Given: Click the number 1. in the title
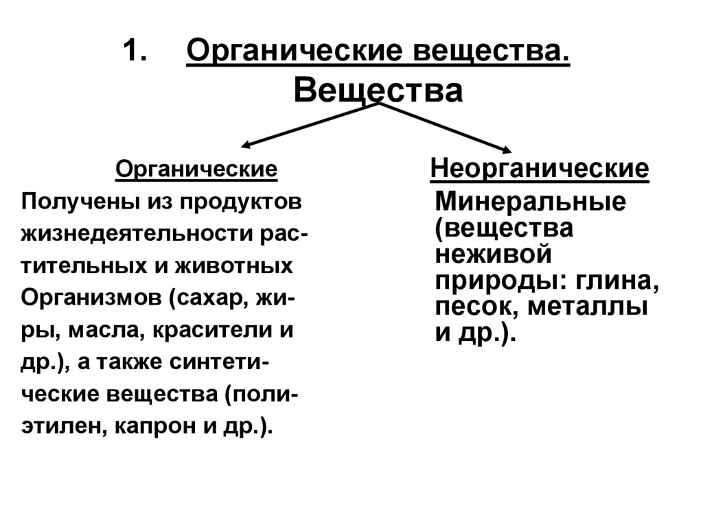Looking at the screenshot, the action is pos(136,52).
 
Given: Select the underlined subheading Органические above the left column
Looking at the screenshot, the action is pos(196,169).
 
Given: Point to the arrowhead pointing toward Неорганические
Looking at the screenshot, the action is pos(506,151).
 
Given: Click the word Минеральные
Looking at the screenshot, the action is pos(530,202).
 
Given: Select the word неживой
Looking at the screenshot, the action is pos(494,255).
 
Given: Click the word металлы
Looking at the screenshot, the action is pos(588,307).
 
